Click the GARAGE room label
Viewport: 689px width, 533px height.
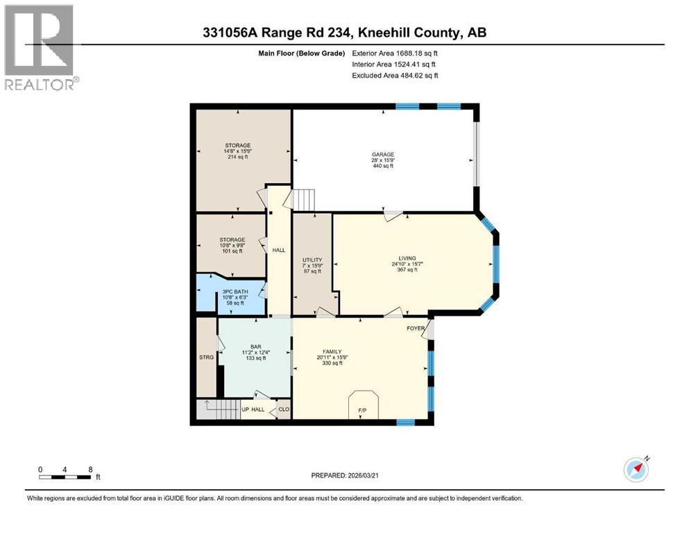tap(382, 155)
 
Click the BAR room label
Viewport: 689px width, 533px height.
tap(256, 346)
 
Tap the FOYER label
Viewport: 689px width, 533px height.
tap(416, 328)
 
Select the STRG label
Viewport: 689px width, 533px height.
tap(207, 359)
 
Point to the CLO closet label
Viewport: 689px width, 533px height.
tap(283, 409)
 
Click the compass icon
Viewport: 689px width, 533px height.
tap(636, 468)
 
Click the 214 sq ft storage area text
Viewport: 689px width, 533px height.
tap(237, 157)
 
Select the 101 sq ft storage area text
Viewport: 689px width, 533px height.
tap(232, 251)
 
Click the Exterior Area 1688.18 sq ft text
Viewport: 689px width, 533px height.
tap(395, 52)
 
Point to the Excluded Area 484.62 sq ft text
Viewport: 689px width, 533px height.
tap(395, 75)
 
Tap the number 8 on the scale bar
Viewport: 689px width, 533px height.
tap(90, 468)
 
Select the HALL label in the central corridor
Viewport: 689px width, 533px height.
tap(278, 251)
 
